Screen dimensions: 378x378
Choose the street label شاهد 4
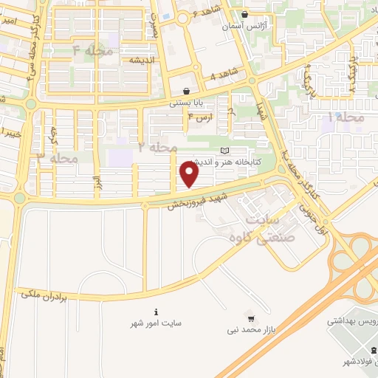(225, 75)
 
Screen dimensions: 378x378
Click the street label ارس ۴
(201, 116)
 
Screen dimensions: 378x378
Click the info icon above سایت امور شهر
(156, 312)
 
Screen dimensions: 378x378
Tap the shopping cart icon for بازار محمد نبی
(252, 320)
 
